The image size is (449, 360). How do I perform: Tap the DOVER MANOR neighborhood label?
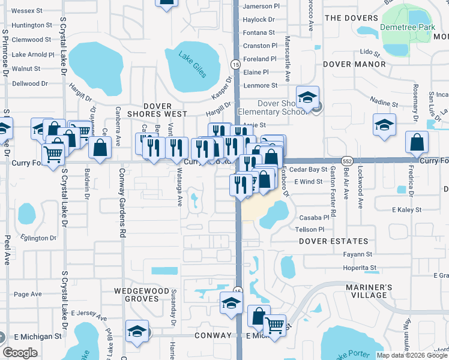pyautogui.click(x=354, y=64)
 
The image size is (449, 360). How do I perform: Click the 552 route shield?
pyautogui.click(x=346, y=161)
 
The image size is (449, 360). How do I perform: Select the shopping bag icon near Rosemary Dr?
pyautogui.click(x=417, y=143)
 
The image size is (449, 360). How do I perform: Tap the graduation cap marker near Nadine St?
pyautogui.click(x=384, y=125)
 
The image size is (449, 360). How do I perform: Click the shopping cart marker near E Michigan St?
pyautogui.click(x=274, y=326)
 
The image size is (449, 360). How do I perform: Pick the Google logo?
pyautogui.click(x=20, y=353)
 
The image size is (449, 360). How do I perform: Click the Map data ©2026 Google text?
pyautogui.click(x=412, y=355)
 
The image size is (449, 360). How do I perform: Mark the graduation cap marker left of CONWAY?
pyautogui.click(x=137, y=330)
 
